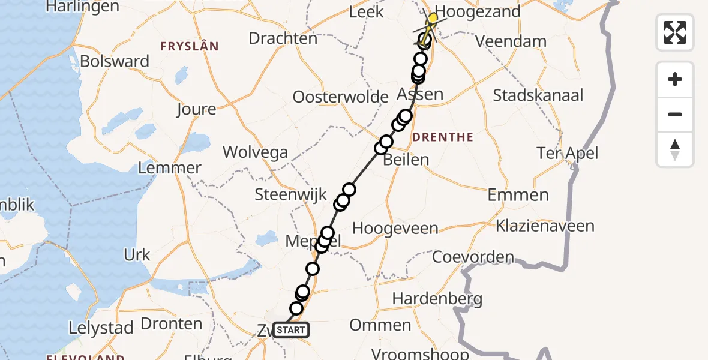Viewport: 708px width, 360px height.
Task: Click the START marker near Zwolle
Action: tap(291, 329)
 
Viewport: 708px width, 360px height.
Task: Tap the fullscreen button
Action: tap(675, 32)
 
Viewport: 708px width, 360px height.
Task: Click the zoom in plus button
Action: tap(675, 79)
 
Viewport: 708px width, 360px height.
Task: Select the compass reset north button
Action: tap(675, 149)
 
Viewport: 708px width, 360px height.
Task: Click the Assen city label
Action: tap(420, 94)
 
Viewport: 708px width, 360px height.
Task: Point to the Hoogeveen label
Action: tap(395, 229)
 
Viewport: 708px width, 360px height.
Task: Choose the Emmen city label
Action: tap(518, 195)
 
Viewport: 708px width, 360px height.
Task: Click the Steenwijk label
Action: tap(290, 194)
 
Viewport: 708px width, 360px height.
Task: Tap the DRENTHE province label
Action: tap(443, 137)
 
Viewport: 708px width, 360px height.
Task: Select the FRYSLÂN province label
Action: tap(189, 46)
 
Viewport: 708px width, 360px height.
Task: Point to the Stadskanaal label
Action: tap(538, 95)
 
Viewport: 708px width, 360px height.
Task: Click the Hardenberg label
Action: tap(437, 298)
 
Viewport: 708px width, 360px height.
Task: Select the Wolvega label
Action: tap(255, 152)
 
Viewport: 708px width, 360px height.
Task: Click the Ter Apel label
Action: tap(568, 153)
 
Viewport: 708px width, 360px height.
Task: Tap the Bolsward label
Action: tap(115, 62)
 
